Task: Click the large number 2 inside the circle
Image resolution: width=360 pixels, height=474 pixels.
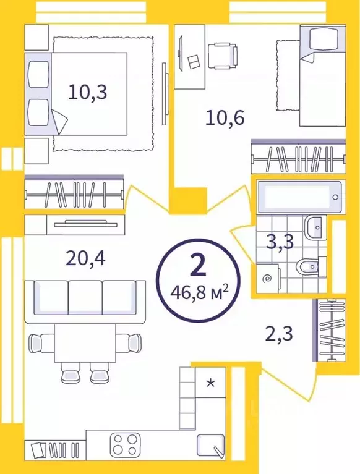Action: tap(198, 265)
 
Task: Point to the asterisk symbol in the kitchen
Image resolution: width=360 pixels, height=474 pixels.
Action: tap(211, 383)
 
